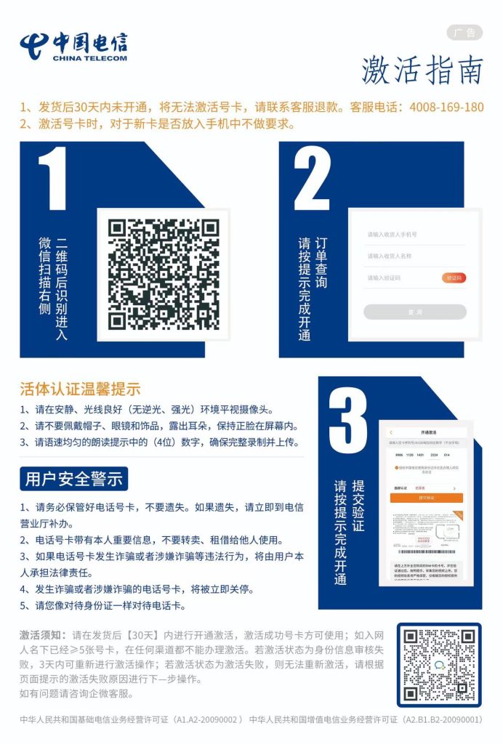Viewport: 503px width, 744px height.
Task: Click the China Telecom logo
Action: click(x=73, y=46)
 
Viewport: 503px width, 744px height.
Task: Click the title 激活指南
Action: click(x=422, y=70)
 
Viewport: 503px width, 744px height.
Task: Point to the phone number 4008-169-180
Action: click(x=446, y=107)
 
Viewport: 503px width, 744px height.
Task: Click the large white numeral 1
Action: click(x=53, y=179)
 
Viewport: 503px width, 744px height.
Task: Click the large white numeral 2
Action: click(x=311, y=179)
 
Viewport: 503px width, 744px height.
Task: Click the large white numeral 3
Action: click(x=347, y=422)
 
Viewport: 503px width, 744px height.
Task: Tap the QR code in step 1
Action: click(x=164, y=274)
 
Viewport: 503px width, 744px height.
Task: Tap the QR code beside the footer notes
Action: click(x=439, y=665)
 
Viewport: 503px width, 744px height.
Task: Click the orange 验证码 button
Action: click(x=454, y=278)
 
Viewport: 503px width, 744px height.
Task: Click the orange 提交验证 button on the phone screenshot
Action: click(x=426, y=498)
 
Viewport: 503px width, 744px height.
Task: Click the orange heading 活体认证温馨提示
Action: click(x=80, y=389)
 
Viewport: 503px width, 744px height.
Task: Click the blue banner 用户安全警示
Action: click(x=73, y=479)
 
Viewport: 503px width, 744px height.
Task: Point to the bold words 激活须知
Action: click(x=43, y=635)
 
